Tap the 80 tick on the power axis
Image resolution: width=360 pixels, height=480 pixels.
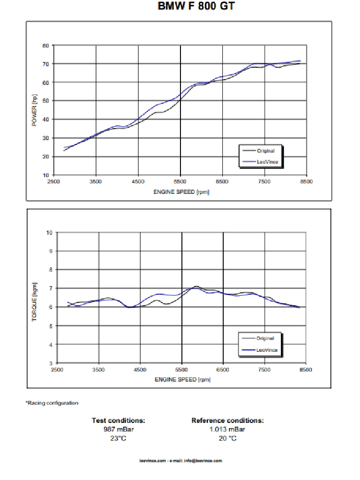pyautogui.click(x=46, y=46)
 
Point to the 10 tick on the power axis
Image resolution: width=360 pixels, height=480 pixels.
pyautogui.click(x=46, y=175)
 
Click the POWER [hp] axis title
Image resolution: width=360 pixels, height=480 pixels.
pyautogui.click(x=34, y=110)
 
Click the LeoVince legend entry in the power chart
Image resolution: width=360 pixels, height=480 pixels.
pyautogui.click(x=268, y=162)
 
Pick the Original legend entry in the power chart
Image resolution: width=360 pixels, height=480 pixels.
pyautogui.click(x=265, y=151)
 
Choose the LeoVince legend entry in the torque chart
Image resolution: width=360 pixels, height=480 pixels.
pyautogui.click(x=267, y=350)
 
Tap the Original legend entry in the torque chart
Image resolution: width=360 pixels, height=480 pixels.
pyautogui.click(x=265, y=338)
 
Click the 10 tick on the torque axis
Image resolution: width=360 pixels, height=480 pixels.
pyautogui.click(x=49, y=232)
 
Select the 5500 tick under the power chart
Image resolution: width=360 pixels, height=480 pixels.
pyautogui.click(x=180, y=182)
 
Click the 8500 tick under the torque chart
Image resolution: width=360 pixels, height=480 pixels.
pyautogui.click(x=306, y=370)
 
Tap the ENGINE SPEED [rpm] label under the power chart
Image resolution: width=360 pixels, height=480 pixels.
pyautogui.click(x=181, y=192)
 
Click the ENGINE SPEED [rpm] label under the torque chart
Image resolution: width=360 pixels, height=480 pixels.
pyautogui.click(x=182, y=379)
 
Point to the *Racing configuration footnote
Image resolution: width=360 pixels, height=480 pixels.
pyautogui.click(x=52, y=403)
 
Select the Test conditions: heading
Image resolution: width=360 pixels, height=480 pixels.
pyautogui.click(x=119, y=420)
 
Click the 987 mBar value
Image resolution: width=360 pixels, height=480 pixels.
pyautogui.click(x=119, y=429)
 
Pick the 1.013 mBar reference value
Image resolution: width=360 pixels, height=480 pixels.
pyautogui.click(x=228, y=429)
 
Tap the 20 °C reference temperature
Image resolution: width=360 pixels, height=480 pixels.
pyautogui.click(x=228, y=438)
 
